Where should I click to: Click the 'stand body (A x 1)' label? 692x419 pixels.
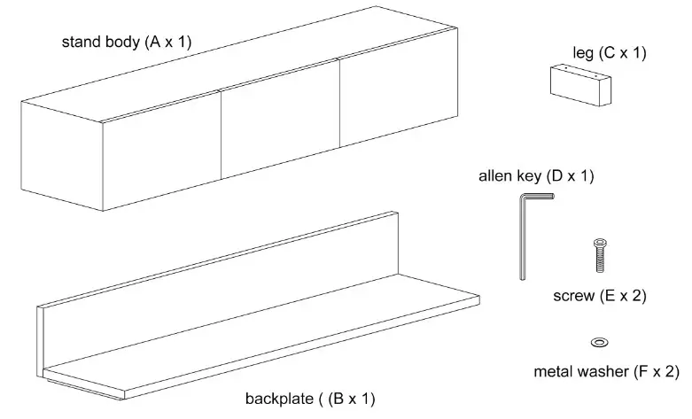click(126, 42)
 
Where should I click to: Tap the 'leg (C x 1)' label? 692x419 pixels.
click(610, 52)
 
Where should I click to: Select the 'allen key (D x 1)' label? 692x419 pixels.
click(536, 176)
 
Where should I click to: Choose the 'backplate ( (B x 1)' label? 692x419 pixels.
click(310, 399)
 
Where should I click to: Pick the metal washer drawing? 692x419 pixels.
click(598, 342)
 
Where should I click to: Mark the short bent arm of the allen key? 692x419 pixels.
click(541, 198)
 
